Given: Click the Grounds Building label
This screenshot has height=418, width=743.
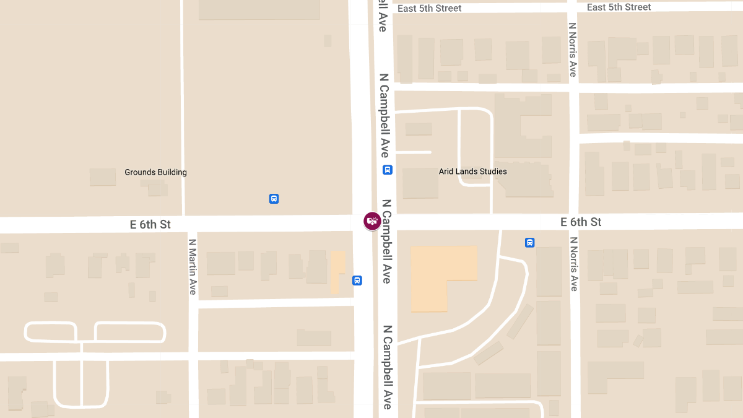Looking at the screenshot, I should (155, 172).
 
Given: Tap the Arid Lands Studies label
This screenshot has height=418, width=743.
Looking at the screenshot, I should (472, 172).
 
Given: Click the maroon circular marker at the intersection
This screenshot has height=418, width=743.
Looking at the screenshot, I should (371, 221).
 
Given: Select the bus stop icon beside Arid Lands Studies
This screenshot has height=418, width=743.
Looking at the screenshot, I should (387, 170).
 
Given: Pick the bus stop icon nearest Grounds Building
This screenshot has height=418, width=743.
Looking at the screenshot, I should (274, 199).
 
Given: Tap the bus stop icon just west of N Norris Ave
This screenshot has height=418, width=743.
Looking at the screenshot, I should (529, 243).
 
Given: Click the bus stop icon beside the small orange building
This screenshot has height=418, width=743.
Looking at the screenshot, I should (357, 281).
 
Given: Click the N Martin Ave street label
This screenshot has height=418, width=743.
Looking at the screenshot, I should (193, 266).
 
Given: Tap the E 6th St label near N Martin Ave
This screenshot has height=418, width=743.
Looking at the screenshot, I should (150, 224).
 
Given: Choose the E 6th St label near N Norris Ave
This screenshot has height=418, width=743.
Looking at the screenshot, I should (581, 222).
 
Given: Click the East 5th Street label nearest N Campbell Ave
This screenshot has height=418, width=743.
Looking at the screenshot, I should (429, 8).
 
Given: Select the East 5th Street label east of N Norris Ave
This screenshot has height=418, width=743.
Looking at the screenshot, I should (619, 7).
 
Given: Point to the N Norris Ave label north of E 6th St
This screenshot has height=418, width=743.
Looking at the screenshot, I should (572, 50).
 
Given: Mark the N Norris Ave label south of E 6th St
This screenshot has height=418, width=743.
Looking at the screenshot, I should (573, 264).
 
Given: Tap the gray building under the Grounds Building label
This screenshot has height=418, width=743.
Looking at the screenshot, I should (103, 178).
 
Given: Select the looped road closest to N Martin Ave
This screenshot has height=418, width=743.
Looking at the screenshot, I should (130, 332).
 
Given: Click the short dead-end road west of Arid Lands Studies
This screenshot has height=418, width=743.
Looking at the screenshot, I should (413, 152).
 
